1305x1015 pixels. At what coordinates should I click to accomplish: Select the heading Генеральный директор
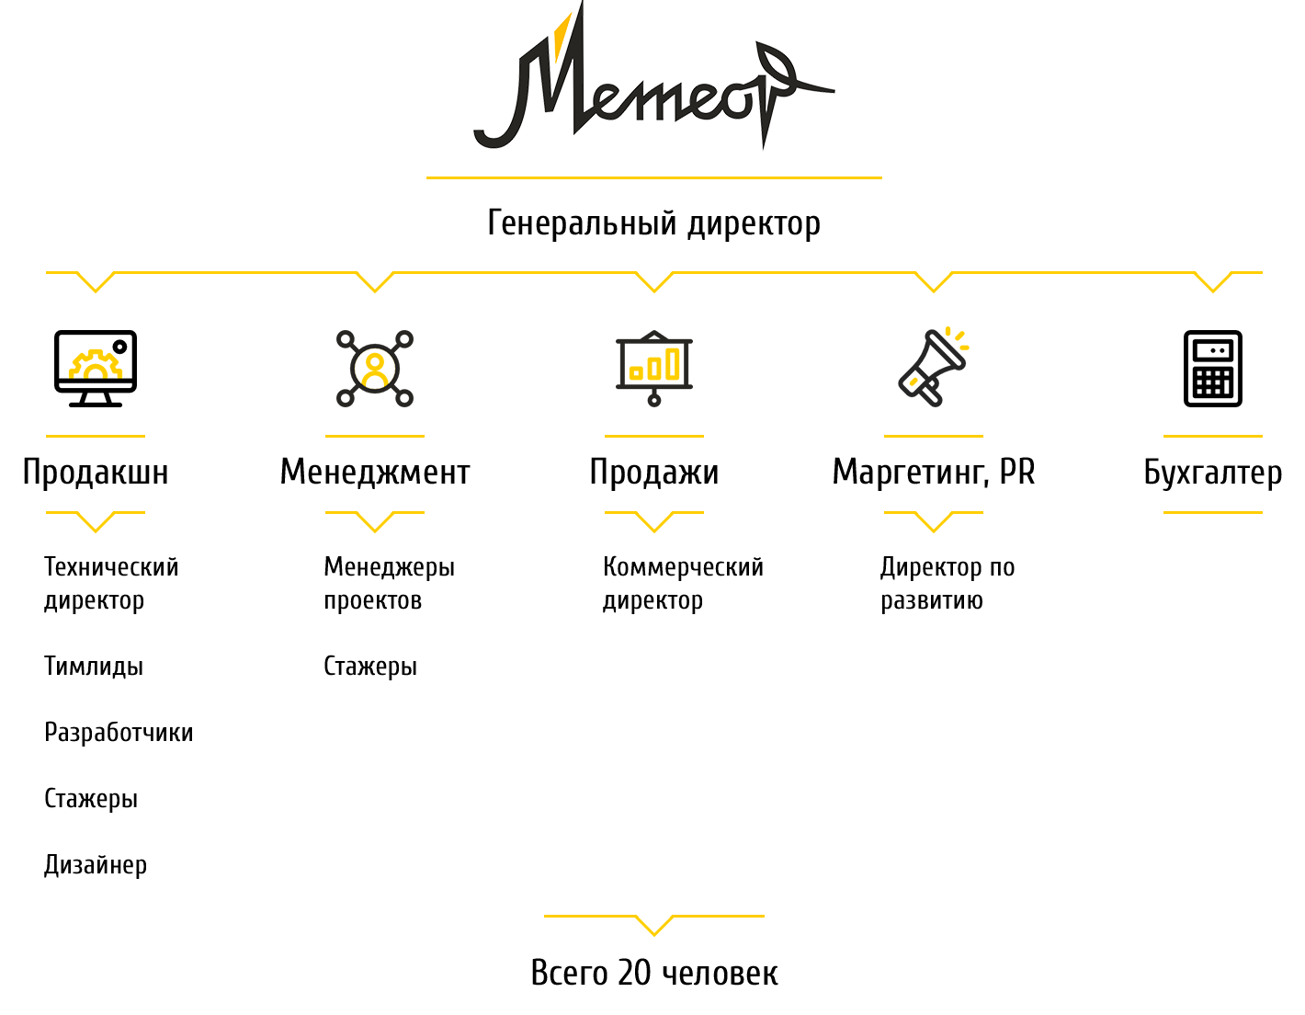pos(653,223)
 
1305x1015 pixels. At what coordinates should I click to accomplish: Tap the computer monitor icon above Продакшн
pos(96,368)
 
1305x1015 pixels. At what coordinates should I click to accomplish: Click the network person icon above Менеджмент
pos(374,368)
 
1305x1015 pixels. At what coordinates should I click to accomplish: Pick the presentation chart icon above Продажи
pos(654,368)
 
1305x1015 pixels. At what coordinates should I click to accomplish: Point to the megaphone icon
pos(933,367)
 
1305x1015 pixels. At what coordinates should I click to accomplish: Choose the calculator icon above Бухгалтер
pos(1212,368)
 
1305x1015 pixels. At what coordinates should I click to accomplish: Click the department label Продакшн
pos(96,472)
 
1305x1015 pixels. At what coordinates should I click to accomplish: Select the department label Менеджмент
pos(375,472)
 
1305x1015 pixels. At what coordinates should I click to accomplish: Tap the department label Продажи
pos(654,472)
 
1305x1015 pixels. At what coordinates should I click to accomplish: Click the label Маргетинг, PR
pos(933,472)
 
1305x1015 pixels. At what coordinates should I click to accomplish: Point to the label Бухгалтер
pos(1212,473)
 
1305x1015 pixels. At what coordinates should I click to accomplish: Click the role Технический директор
pos(111,584)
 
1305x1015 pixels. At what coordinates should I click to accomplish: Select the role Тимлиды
pos(94,666)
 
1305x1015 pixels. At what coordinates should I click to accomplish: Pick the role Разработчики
pos(119,733)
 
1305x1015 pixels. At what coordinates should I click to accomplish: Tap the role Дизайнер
pos(96,865)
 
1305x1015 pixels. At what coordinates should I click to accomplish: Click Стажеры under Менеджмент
pos(370,667)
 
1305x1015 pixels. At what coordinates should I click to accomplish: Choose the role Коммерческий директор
pos(683,584)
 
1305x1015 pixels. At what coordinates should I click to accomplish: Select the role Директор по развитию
pos(948,584)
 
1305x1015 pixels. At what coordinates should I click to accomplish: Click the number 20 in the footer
pos(634,973)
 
